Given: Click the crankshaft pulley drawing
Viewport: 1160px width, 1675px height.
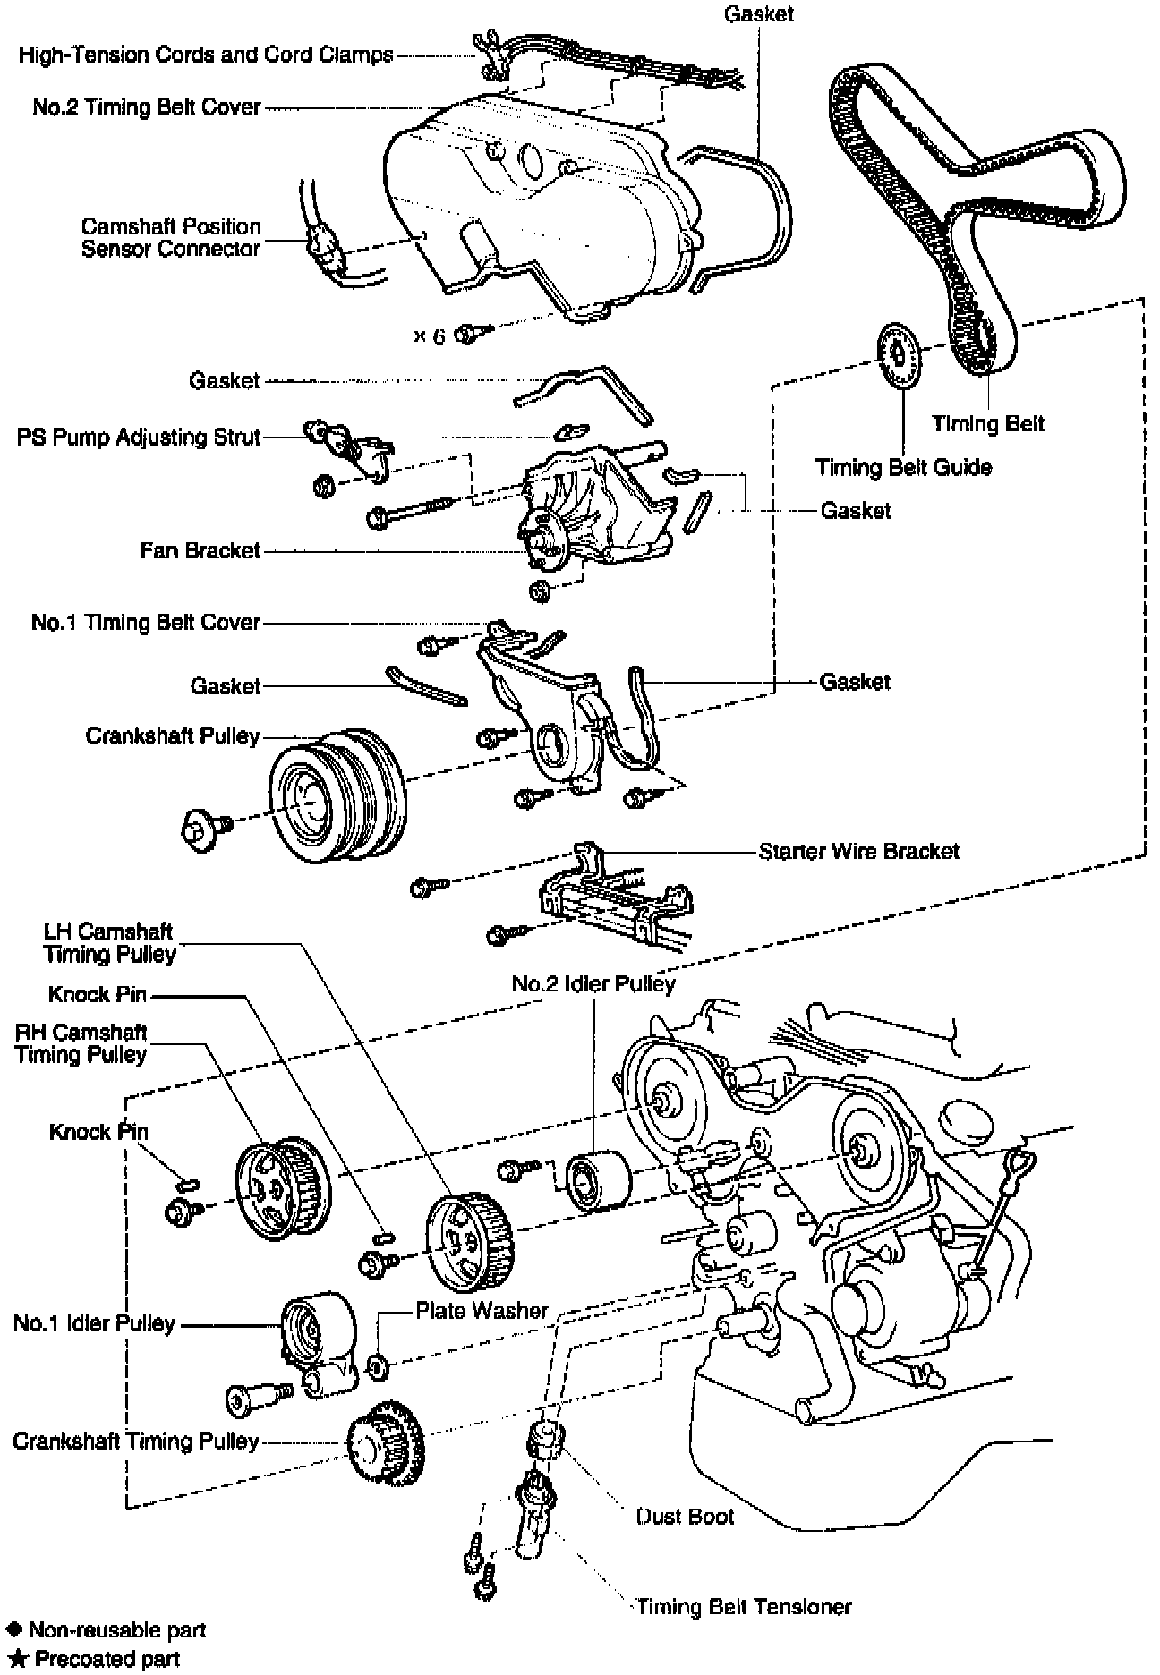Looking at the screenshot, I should click(x=336, y=795).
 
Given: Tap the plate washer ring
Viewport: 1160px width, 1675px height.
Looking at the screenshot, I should click(x=378, y=1365).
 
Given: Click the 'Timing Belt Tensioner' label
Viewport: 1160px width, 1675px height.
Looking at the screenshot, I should click(x=744, y=1606).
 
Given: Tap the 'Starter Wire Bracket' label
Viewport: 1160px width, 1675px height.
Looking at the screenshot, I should click(x=858, y=850).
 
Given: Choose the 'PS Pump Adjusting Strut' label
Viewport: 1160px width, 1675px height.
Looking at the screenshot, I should click(x=139, y=438).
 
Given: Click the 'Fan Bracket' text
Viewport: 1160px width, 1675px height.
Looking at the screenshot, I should click(x=200, y=549).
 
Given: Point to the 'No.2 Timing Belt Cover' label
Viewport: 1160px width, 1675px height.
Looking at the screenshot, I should click(x=147, y=107).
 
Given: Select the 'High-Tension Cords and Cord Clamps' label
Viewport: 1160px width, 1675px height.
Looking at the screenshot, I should click(x=206, y=55).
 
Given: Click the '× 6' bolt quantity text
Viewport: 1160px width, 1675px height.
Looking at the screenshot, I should click(x=429, y=336).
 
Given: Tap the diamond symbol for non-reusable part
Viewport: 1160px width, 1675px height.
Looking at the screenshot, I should click(x=14, y=1629).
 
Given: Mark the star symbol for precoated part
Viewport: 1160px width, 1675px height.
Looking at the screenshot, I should click(x=14, y=1658).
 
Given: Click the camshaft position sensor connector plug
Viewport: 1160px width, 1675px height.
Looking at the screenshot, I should click(x=324, y=250).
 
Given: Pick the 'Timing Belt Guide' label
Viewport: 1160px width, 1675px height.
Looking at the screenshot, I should click(x=903, y=467).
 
